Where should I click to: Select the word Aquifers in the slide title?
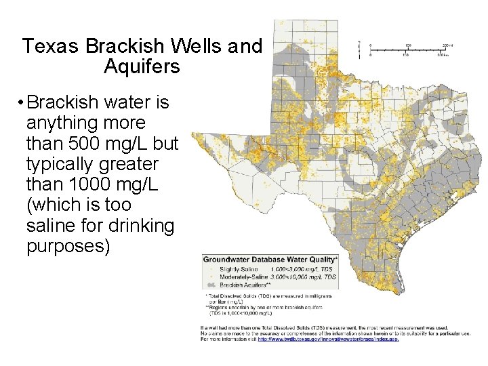142,67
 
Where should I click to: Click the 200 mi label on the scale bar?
448,45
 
